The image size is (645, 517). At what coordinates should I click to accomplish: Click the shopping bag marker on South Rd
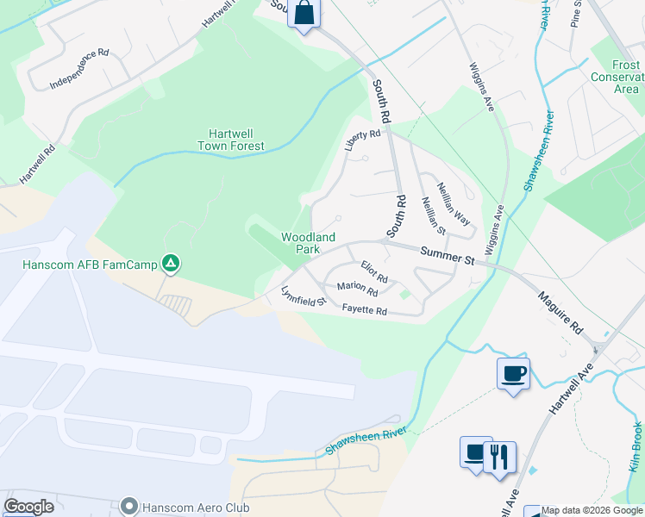304,15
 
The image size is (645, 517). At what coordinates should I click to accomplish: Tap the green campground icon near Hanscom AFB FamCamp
172,263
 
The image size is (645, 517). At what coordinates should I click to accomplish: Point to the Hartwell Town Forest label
236,140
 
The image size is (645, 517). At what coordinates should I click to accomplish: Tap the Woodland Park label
308,242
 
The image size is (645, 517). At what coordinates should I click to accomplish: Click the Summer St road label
448,256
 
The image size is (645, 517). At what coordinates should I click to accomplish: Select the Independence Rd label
79,69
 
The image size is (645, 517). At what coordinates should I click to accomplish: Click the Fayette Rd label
364,309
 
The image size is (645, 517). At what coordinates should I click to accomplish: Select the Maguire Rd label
560,313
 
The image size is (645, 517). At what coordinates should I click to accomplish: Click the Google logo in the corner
28,507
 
